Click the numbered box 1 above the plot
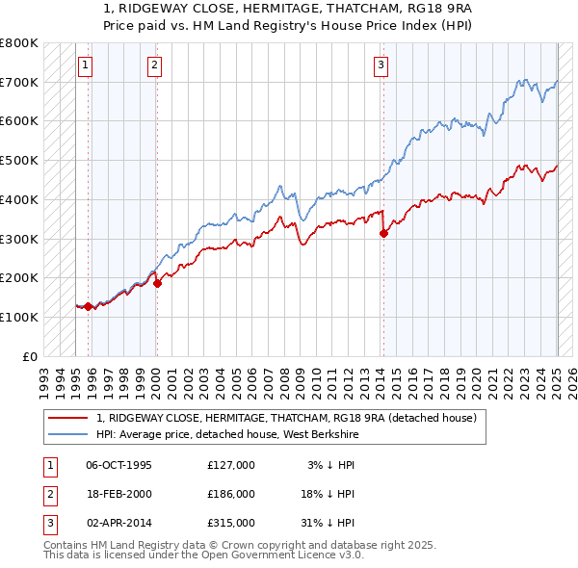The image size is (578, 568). [x=85, y=65]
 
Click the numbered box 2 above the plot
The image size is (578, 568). [x=154, y=65]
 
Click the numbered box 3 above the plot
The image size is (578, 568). [x=381, y=65]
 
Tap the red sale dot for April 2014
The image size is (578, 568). [x=383, y=232]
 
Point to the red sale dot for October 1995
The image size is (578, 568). [x=88, y=306]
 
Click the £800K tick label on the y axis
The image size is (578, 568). [x=19, y=43]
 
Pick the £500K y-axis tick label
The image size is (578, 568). [x=19, y=161]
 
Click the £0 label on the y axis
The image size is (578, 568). [x=29, y=356]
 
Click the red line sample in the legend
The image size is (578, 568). [x=67, y=419]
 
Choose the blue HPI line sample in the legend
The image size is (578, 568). [x=67, y=434]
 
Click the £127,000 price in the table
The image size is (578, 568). [x=231, y=465]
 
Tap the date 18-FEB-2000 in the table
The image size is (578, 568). [x=119, y=494]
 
